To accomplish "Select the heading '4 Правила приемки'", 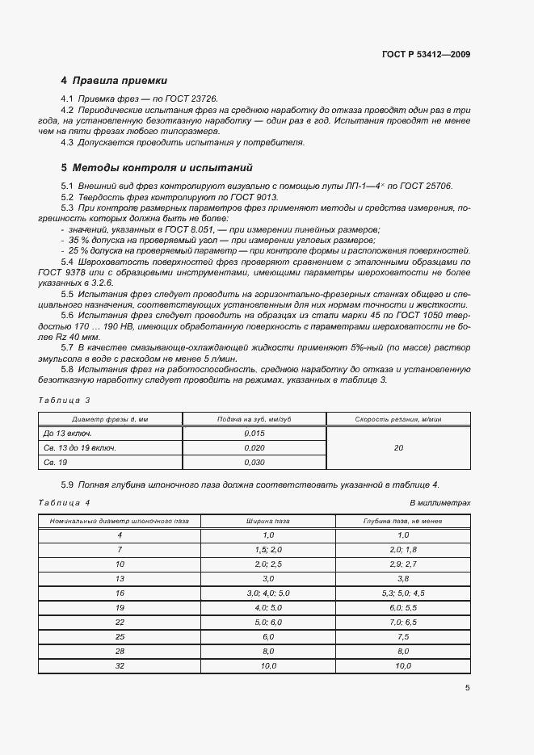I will (x=114, y=81).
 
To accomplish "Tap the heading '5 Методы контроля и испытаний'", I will (x=157, y=168).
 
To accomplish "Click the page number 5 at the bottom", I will (x=467, y=688).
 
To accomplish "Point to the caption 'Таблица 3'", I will (x=65, y=400).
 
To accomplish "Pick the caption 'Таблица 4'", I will (x=65, y=502).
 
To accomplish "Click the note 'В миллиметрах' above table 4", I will (x=440, y=502).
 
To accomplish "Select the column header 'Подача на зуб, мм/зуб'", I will (x=254, y=419).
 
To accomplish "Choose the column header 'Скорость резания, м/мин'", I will (x=398, y=419).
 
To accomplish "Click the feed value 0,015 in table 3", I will (x=254, y=434).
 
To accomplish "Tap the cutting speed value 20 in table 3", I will (x=398, y=447).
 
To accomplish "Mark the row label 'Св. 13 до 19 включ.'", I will (x=79, y=447).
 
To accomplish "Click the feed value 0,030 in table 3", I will (x=254, y=462).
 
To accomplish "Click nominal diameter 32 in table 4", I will (x=120, y=665).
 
